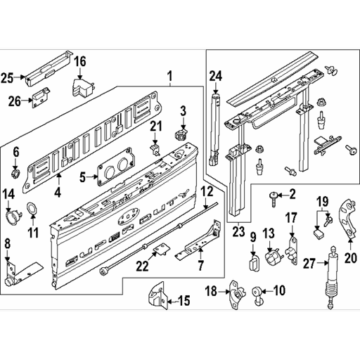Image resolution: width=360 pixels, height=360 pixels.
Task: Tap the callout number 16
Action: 81,62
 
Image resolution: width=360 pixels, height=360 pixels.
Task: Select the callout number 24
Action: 215,76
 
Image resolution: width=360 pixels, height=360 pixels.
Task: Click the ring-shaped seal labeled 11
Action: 32,208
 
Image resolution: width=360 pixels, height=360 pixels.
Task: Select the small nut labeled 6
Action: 16,172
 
